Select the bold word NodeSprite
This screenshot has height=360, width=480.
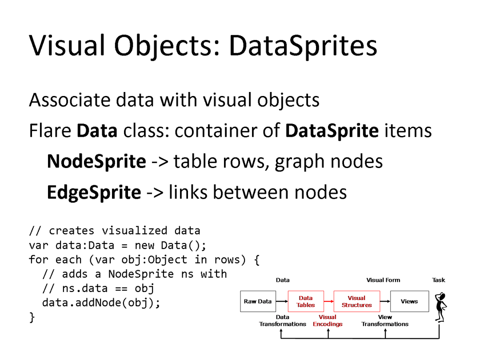pos(96,161)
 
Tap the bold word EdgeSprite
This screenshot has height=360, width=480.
pos(94,192)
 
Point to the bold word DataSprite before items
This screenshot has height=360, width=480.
pos(332,131)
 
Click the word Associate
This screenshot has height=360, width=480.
pos(69,100)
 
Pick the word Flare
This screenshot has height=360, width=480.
pos(50,131)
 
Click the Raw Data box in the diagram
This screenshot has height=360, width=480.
pos(257,301)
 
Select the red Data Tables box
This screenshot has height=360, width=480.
pos(306,301)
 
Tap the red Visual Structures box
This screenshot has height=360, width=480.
pos(356,301)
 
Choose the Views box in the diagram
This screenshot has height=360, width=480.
pos(409,301)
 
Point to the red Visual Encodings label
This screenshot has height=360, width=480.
pos(328,320)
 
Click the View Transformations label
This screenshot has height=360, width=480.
pos(385,320)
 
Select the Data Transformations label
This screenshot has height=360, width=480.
pos(283,320)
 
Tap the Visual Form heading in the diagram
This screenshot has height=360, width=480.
pos(383,280)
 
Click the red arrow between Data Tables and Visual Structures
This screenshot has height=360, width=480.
pos(329,301)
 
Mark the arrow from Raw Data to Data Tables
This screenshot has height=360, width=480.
pos(281,301)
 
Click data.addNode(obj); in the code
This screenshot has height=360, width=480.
pos(100,303)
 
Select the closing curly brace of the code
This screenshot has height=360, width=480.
pos(32,317)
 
